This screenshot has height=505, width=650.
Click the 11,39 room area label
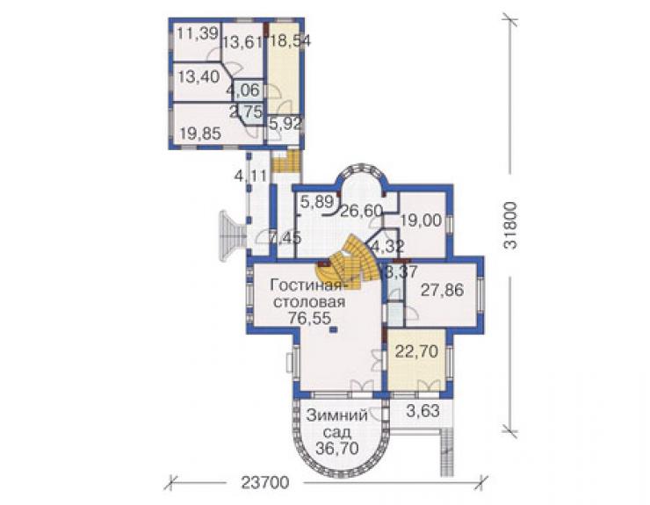[x=198, y=34]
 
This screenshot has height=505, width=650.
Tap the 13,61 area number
[x=243, y=42]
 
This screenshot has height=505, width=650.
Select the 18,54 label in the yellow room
[x=291, y=40]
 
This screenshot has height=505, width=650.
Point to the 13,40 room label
[x=199, y=76]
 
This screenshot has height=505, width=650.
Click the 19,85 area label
[x=200, y=133]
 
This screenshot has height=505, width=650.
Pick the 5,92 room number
[x=285, y=124]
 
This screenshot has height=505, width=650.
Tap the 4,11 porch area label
[x=251, y=177]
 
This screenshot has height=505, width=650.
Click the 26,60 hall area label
[x=362, y=211]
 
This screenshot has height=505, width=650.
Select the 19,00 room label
[x=421, y=220]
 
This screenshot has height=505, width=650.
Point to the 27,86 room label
[x=442, y=290]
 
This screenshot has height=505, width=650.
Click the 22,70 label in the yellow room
[x=416, y=351]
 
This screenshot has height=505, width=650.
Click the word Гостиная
[x=307, y=285]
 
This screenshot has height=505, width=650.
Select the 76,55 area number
[x=310, y=318]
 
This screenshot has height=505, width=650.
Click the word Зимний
[x=337, y=415]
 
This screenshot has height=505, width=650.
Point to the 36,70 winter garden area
[x=337, y=448]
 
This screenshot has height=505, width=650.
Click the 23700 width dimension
[x=265, y=483]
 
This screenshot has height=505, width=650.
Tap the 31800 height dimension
[x=510, y=225]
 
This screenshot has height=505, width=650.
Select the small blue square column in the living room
[x=334, y=329]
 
